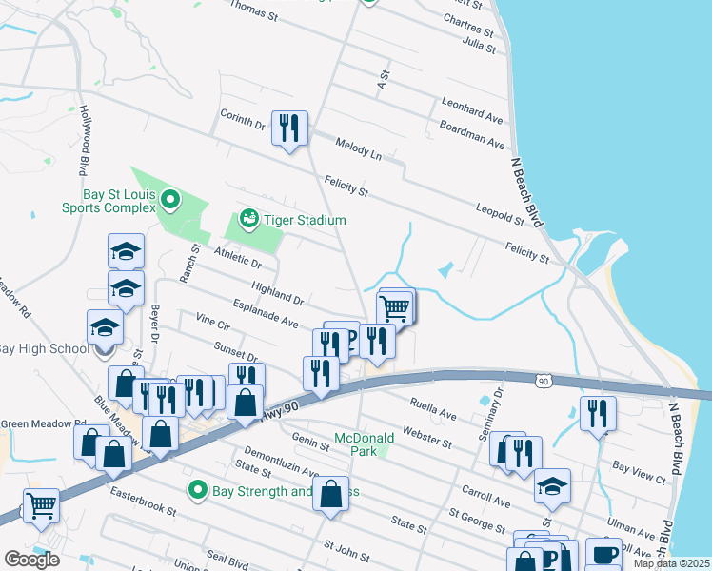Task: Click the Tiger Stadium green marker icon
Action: tap(249, 219)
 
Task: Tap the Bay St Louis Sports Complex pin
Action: tap(170, 199)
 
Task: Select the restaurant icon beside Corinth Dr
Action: tap(289, 127)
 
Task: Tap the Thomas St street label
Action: tap(253, 11)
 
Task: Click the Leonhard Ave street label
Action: tap(471, 109)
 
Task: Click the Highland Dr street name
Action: tap(277, 293)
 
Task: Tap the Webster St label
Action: tap(426, 435)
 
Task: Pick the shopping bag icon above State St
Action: tap(330, 495)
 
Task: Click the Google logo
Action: tap(31, 559)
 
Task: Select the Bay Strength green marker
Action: tap(198, 491)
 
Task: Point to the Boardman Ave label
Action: tap(472, 134)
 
